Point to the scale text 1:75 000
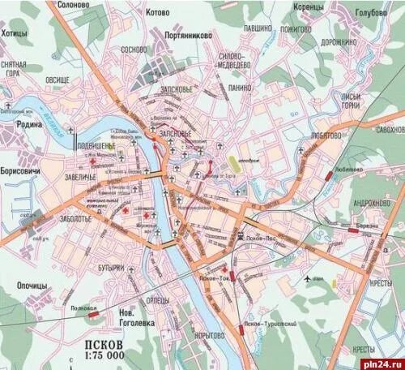104,355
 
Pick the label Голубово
374,14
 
